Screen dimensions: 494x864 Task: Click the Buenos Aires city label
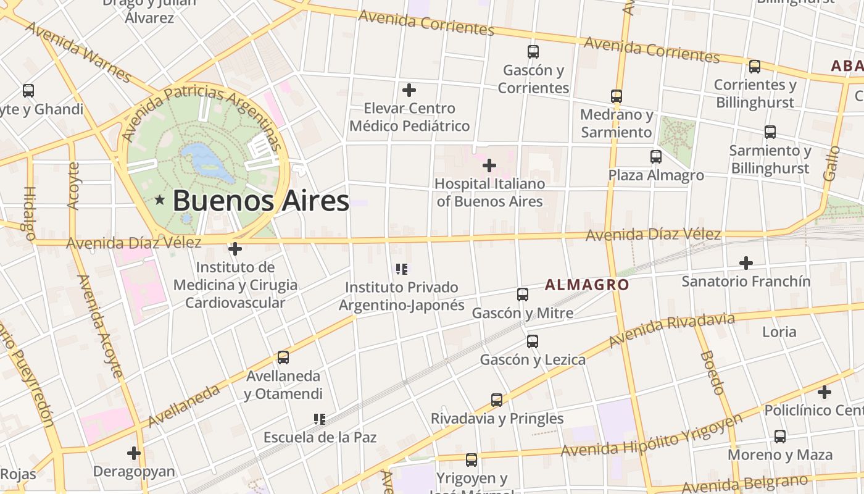coord(260,201)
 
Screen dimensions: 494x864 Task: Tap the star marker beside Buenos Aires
coord(160,199)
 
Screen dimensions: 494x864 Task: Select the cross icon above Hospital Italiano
coord(489,165)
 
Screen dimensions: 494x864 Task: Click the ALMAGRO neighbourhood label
coord(587,285)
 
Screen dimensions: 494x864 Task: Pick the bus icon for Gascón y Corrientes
coord(533,52)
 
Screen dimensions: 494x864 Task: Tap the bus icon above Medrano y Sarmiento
coord(616,96)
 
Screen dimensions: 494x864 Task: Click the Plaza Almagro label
coord(656,175)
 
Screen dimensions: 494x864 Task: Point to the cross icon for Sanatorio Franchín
coord(746,263)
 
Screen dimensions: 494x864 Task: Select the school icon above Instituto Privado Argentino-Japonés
coord(402,269)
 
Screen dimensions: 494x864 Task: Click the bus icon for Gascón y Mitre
coord(523,295)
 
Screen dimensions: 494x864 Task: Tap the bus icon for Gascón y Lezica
coord(532,341)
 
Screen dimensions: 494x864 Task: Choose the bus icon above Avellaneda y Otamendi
coord(283,358)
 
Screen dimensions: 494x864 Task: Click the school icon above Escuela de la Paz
coord(319,419)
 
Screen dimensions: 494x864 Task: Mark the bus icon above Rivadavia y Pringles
coord(496,400)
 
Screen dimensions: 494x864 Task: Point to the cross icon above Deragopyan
coord(133,453)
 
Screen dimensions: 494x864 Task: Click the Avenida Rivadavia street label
coord(671,330)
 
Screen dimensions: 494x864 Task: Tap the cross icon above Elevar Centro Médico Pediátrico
coord(409,90)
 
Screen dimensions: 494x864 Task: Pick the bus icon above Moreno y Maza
coord(779,437)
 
